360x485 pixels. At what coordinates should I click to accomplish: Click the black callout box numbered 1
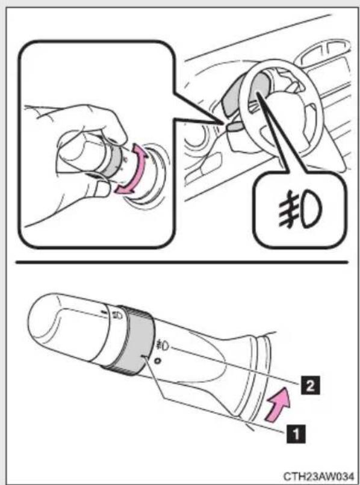click(x=296, y=434)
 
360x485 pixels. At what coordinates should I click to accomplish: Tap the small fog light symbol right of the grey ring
click(x=163, y=345)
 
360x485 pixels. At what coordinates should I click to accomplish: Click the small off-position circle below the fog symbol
click(x=158, y=360)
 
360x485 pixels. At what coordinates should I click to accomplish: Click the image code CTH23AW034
click(x=318, y=476)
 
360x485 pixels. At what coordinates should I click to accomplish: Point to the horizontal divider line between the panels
click(x=182, y=262)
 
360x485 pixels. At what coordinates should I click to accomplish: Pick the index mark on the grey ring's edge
click(x=144, y=357)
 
